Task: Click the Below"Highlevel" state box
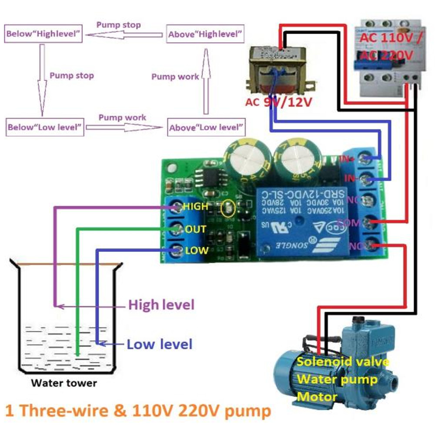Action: [43, 34]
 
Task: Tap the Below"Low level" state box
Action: [45, 127]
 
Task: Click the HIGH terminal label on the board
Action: [195, 206]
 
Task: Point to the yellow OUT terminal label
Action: [195, 229]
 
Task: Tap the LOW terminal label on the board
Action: [197, 251]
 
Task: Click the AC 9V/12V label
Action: [279, 103]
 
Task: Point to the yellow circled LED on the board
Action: [228, 210]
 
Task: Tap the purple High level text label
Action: [161, 305]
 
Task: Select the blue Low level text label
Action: [159, 345]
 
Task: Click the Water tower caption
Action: [64, 383]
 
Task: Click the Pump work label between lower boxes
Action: [122, 117]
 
